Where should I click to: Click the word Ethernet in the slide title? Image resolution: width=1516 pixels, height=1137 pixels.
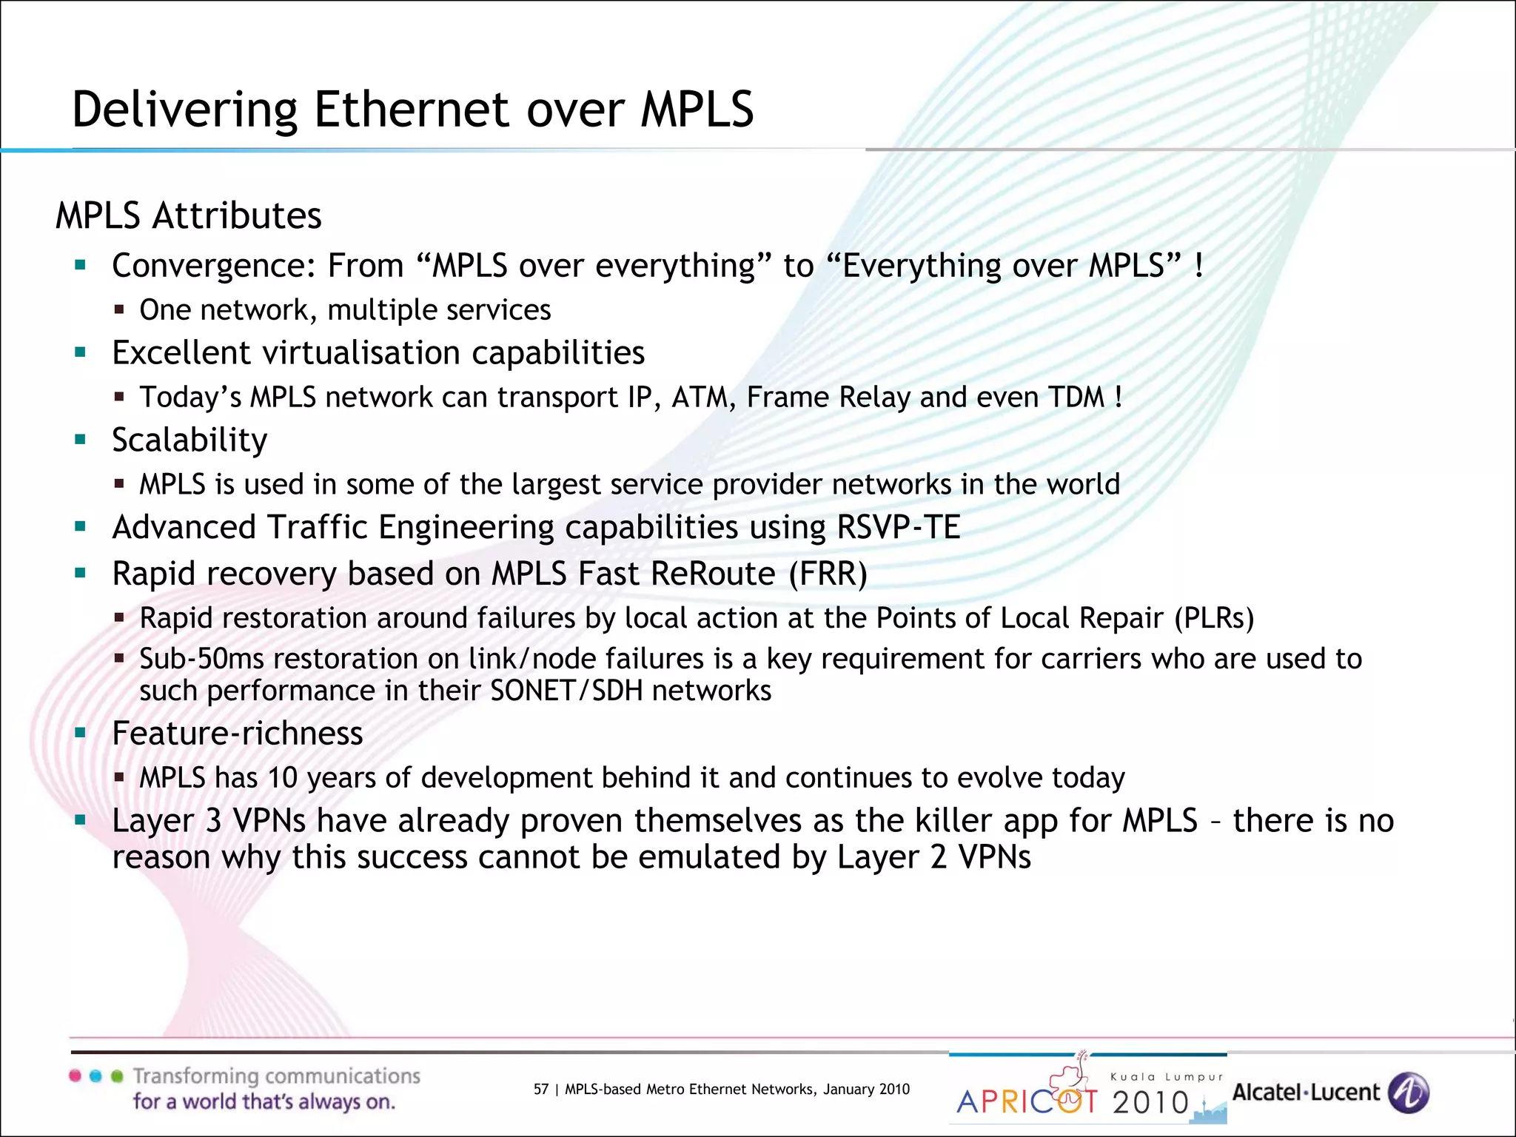412,110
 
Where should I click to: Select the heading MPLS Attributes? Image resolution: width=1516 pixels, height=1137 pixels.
189,216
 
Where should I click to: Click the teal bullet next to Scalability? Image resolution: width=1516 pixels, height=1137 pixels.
81,440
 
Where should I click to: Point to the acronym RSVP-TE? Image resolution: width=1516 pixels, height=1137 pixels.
898,528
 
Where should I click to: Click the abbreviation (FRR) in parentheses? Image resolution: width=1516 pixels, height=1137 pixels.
828,574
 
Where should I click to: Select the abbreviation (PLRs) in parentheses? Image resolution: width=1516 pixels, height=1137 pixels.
1214,618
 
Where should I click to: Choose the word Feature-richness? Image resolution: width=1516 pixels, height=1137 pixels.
237,734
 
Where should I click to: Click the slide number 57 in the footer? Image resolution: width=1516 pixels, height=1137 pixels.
541,1089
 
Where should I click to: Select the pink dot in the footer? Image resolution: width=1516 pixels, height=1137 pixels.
75,1076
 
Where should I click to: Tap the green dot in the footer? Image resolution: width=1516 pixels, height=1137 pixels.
117,1076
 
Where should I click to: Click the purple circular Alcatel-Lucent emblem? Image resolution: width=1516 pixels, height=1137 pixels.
1408,1093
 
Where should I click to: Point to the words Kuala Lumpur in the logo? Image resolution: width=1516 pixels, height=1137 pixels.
1166,1077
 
